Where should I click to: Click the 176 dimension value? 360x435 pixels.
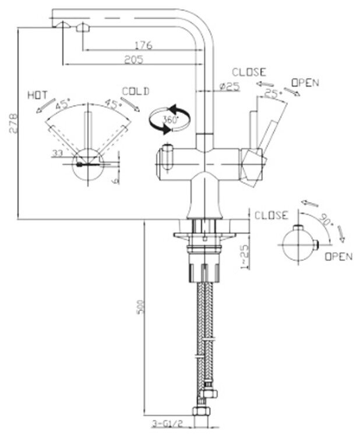point(143,45)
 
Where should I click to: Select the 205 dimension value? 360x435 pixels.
point(134,59)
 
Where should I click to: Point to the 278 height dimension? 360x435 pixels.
point(13,123)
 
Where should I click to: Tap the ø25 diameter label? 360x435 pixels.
point(230,87)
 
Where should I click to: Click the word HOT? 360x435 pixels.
point(37,96)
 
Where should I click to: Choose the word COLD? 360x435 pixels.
point(136,91)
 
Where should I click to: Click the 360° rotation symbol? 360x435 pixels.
point(170,119)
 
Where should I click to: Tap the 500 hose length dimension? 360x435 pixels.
point(142,306)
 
